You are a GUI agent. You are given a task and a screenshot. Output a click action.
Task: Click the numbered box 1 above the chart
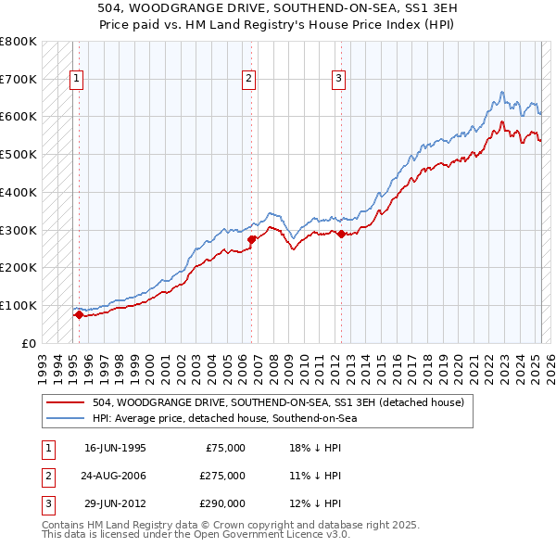pyautogui.click(x=75, y=79)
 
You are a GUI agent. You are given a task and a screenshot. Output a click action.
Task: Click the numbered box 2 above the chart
pyautogui.click(x=249, y=79)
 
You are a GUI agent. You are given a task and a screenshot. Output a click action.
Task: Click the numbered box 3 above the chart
pyautogui.click(x=339, y=79)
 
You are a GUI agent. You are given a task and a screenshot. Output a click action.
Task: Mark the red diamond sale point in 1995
pyautogui.click(x=79, y=315)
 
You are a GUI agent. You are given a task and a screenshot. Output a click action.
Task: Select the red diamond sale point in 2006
pyautogui.click(x=251, y=239)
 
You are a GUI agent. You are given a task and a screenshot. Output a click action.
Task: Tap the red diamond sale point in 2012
pyautogui.click(x=341, y=234)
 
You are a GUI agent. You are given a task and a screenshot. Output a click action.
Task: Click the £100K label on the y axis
pyautogui.click(x=19, y=305)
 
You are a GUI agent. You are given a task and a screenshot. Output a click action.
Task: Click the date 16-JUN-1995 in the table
pyautogui.click(x=115, y=448)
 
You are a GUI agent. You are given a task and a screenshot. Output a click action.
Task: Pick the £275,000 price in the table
pyautogui.click(x=223, y=476)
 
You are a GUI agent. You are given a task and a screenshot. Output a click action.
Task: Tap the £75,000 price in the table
pyautogui.click(x=226, y=448)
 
